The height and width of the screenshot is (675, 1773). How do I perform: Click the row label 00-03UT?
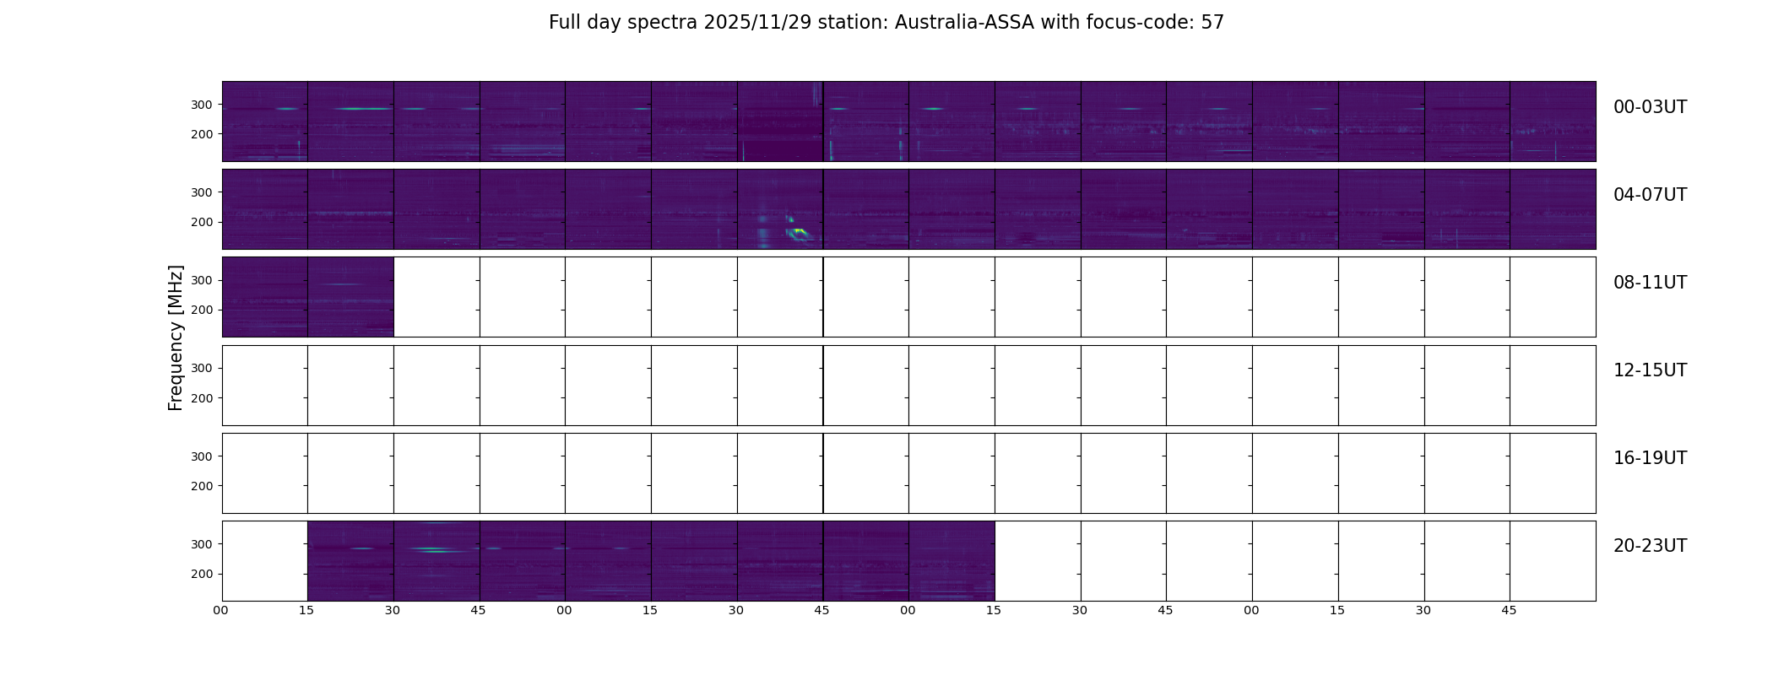(x=1650, y=107)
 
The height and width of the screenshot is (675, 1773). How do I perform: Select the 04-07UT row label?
(x=1650, y=195)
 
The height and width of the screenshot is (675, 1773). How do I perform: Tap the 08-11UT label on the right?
(x=1650, y=283)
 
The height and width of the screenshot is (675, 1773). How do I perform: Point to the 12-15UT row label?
(x=1650, y=370)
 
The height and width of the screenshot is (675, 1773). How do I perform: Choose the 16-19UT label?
(x=1650, y=458)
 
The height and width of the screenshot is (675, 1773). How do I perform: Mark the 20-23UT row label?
(x=1650, y=546)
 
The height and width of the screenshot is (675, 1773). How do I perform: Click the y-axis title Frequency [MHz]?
(x=176, y=337)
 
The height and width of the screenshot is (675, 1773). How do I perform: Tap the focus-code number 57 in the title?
(x=1212, y=23)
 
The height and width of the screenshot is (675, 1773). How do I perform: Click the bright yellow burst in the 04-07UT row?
(x=798, y=231)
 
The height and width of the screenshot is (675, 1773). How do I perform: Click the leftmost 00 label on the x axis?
(x=221, y=610)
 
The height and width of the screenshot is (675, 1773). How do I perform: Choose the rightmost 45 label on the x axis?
(x=1509, y=610)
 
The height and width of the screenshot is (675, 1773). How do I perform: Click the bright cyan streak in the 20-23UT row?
(x=432, y=550)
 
